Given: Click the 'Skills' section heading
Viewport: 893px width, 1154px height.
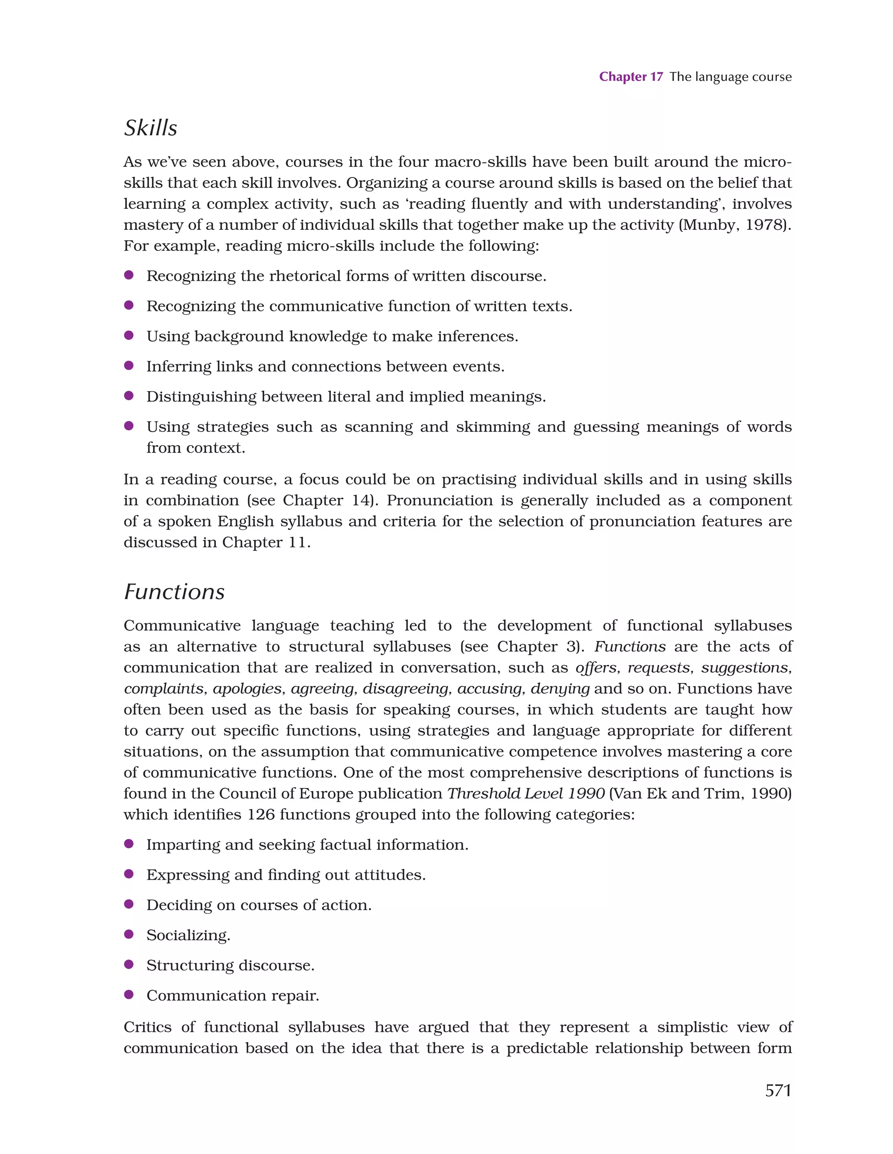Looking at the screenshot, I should pyautogui.click(x=150, y=128).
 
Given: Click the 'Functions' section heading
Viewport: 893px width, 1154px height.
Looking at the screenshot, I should pyautogui.click(x=174, y=592).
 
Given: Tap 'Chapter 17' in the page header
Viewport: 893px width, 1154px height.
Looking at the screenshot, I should pyautogui.click(x=631, y=77).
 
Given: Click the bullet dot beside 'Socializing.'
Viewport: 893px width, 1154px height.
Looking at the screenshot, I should pyautogui.click(x=128, y=934).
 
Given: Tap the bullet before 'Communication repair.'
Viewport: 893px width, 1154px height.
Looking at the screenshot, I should pyautogui.click(x=128, y=994).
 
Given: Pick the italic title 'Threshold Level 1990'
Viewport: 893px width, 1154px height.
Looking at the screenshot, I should pyautogui.click(x=526, y=794).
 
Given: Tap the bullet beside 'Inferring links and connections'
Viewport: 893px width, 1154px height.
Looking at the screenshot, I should pyautogui.click(x=128, y=365).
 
